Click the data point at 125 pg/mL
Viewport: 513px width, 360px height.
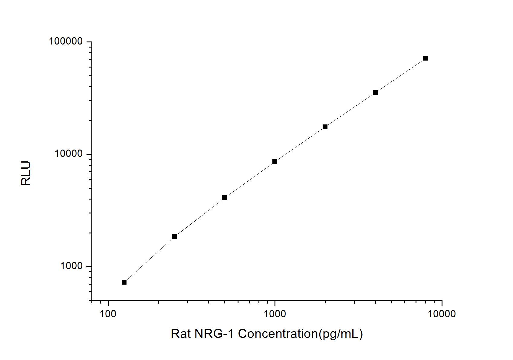[124, 282]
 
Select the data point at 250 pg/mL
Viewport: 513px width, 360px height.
[174, 236]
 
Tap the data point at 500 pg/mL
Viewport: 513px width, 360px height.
[225, 198]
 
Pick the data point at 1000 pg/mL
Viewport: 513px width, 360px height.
[275, 162]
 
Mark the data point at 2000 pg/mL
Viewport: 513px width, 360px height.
[325, 127]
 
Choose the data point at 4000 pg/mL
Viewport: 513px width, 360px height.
[375, 92]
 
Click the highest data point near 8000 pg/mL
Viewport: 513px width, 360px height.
[426, 58]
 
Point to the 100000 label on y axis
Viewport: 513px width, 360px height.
[66, 41]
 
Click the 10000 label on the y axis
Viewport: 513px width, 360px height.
[69, 154]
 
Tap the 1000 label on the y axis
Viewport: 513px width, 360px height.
[72, 266]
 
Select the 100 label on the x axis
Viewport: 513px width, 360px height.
[108, 314]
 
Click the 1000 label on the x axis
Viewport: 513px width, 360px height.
[275, 314]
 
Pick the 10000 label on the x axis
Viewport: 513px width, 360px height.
[442, 314]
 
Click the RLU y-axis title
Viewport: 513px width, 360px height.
[26, 173]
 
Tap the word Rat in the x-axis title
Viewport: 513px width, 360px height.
[180, 334]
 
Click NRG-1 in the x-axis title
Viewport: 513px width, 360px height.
[214, 334]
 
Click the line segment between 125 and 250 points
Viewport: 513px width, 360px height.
[149, 259]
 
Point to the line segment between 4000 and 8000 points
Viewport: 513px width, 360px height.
[400, 75]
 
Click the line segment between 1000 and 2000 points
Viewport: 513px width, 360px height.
[300, 144]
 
